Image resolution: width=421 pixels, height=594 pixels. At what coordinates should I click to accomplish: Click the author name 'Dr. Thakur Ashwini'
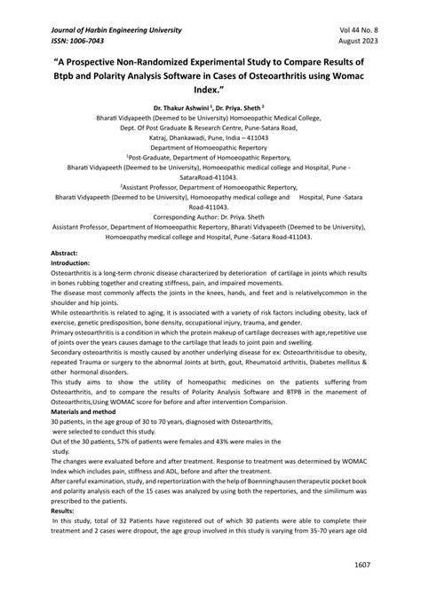(178, 114)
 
